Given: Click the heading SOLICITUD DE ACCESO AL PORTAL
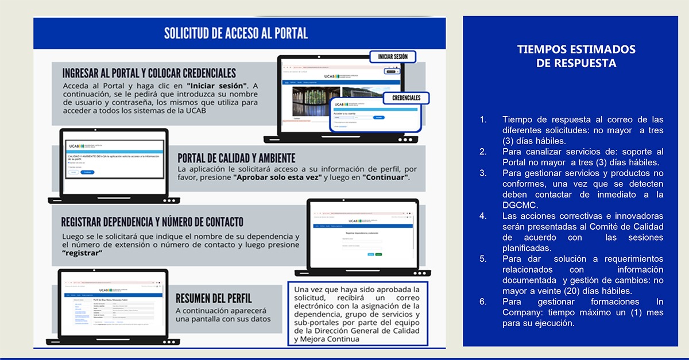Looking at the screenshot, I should (236, 33).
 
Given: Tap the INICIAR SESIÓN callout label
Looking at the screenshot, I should (393, 56).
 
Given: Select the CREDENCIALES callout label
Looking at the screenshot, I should (406, 98).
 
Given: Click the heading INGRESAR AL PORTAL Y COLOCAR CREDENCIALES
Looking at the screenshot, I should (149, 73).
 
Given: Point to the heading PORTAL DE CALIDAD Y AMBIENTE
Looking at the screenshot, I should (237, 158).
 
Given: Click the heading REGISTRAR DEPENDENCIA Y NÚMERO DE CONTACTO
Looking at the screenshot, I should (152, 222).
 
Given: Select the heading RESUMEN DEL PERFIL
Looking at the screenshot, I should (214, 298).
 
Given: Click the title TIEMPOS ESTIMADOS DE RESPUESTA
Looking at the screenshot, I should (576, 56).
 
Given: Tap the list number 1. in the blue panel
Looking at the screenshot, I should (483, 119).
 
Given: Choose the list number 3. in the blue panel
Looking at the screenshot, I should (483, 173).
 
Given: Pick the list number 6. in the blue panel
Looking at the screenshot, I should (483, 301).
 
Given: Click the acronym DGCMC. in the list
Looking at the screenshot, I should (519, 205).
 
